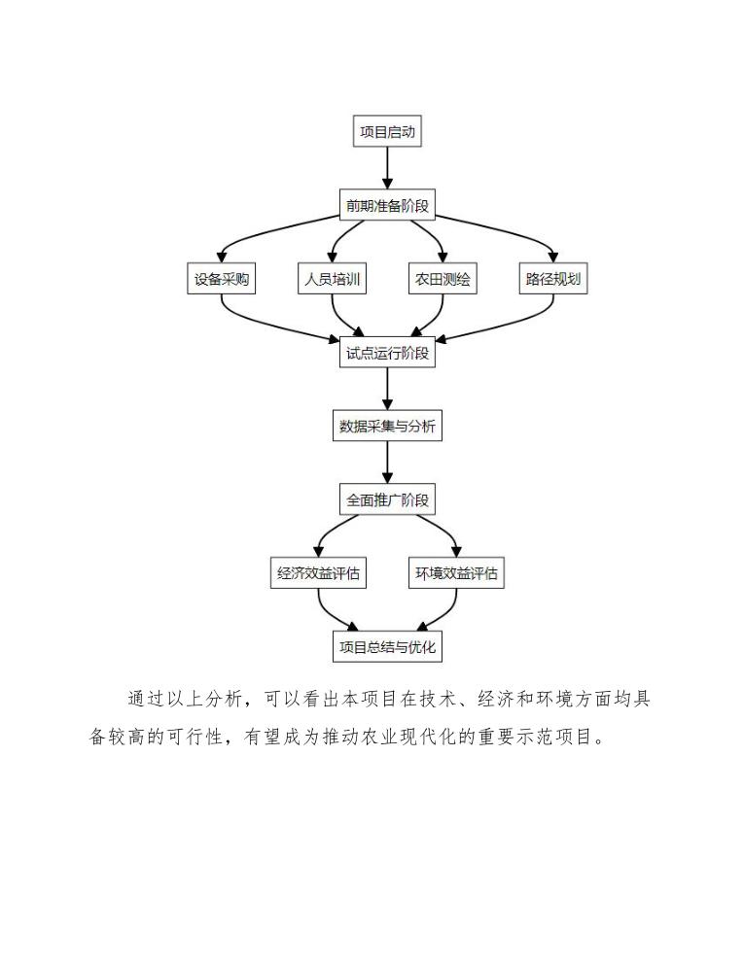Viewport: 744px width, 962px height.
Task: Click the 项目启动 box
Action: coord(387,132)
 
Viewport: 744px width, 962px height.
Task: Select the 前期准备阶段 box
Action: coord(387,206)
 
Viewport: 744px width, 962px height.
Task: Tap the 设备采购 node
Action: coord(222,280)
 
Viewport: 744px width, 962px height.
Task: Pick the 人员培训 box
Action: coord(333,280)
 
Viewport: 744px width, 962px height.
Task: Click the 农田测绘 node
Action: coord(443,280)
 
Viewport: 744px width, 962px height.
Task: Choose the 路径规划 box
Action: coord(553,280)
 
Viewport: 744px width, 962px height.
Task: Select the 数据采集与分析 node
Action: coord(387,427)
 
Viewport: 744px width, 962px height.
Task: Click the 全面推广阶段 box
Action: coord(387,500)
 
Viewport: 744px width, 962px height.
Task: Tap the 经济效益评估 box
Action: coord(319,573)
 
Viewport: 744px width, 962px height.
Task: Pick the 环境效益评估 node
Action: coord(456,573)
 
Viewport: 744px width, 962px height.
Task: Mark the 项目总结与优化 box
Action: coord(387,647)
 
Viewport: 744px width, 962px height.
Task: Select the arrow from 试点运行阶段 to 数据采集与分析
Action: coord(387,390)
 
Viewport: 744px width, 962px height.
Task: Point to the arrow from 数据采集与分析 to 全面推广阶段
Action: coord(387,464)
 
